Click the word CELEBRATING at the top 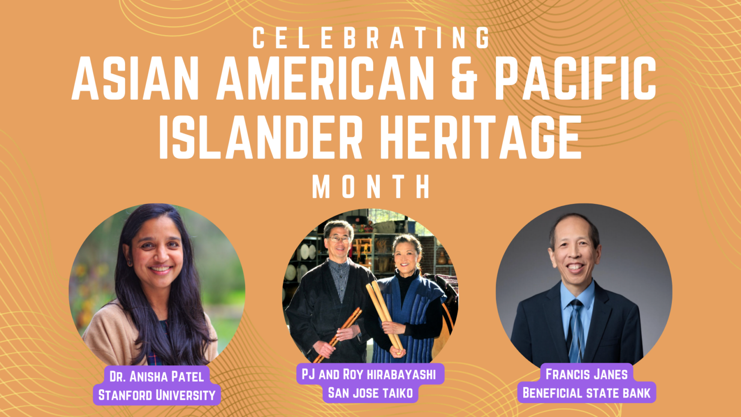pos(371,38)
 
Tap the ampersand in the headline pos(464,78)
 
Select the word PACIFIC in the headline pos(575,78)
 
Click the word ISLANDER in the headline pos(261,137)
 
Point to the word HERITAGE pos(481,137)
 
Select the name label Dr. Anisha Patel pos(157,377)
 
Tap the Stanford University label pos(157,395)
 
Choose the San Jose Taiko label pos(370,393)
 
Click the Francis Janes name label pos(586,374)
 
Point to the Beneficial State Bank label pos(586,393)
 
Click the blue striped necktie pos(576,331)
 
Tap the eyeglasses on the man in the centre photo pos(339,239)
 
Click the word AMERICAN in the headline pos(325,78)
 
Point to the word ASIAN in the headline pos(135,78)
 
